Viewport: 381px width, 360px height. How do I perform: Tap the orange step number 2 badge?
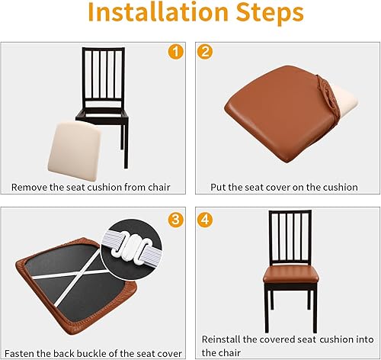click(x=205, y=52)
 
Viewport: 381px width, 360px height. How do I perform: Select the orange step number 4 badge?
click(x=205, y=220)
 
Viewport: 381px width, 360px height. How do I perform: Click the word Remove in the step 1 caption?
click(x=30, y=187)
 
